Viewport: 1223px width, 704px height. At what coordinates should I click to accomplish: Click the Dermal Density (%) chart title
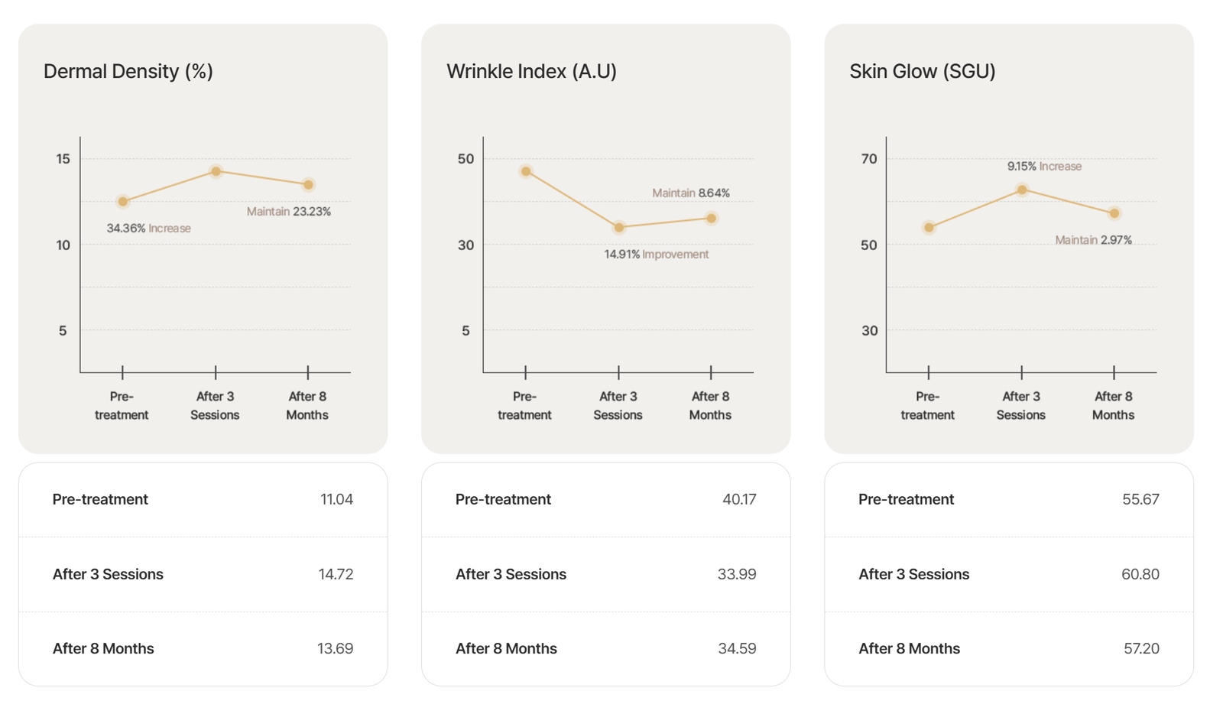point(128,71)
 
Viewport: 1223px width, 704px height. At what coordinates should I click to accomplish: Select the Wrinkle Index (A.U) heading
point(531,71)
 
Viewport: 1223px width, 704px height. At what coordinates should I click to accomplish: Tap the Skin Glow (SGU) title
point(922,71)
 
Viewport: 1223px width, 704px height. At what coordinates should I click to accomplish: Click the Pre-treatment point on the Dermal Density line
point(123,202)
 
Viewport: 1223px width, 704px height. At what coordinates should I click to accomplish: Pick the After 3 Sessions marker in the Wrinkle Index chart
point(619,227)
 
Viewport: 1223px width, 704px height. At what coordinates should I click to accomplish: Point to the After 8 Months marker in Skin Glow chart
point(1114,213)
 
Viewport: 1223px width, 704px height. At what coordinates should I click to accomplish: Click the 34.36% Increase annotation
point(148,229)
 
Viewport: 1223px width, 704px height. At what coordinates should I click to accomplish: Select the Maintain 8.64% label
point(690,193)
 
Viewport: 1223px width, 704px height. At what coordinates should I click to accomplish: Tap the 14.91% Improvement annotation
point(656,255)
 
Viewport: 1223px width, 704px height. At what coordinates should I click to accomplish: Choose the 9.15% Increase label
point(1043,167)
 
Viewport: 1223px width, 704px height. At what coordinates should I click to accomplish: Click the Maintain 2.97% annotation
point(1093,240)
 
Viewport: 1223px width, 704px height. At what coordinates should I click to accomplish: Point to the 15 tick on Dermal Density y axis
point(63,159)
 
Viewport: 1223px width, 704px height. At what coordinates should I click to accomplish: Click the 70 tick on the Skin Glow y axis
point(869,159)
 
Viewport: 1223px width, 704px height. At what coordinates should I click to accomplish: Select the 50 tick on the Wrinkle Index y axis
point(466,159)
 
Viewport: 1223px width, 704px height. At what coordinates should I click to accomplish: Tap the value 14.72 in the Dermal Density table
point(336,574)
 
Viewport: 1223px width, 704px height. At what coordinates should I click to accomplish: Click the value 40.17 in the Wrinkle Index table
point(738,499)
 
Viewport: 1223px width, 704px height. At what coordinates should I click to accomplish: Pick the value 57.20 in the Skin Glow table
point(1140,648)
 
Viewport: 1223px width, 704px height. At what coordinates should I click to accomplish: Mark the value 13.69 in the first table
point(335,648)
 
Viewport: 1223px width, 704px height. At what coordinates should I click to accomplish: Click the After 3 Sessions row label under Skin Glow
point(913,574)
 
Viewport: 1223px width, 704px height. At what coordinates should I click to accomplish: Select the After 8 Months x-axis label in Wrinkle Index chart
point(710,406)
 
